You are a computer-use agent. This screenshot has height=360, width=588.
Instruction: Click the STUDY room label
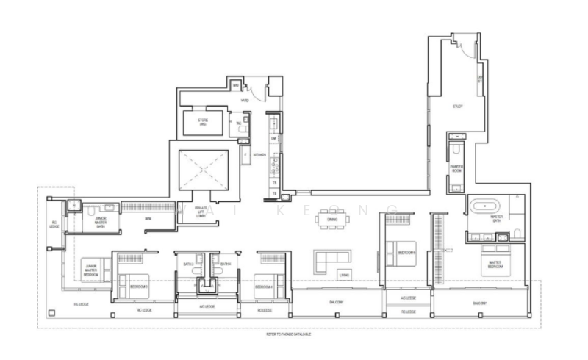point(457,107)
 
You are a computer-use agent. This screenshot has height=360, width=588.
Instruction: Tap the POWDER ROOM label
point(457,168)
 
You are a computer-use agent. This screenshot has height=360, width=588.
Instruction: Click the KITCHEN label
point(259,155)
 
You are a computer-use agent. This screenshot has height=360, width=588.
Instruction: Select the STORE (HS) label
point(202,123)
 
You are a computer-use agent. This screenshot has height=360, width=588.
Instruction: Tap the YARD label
point(246,100)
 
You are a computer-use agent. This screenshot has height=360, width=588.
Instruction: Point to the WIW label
point(147,219)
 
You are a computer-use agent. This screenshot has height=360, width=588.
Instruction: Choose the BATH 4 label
point(226,263)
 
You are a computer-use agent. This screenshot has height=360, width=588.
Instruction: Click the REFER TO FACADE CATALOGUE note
point(289,334)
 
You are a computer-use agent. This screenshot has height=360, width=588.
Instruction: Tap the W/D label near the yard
point(236,86)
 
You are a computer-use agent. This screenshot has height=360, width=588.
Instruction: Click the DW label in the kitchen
point(273,137)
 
